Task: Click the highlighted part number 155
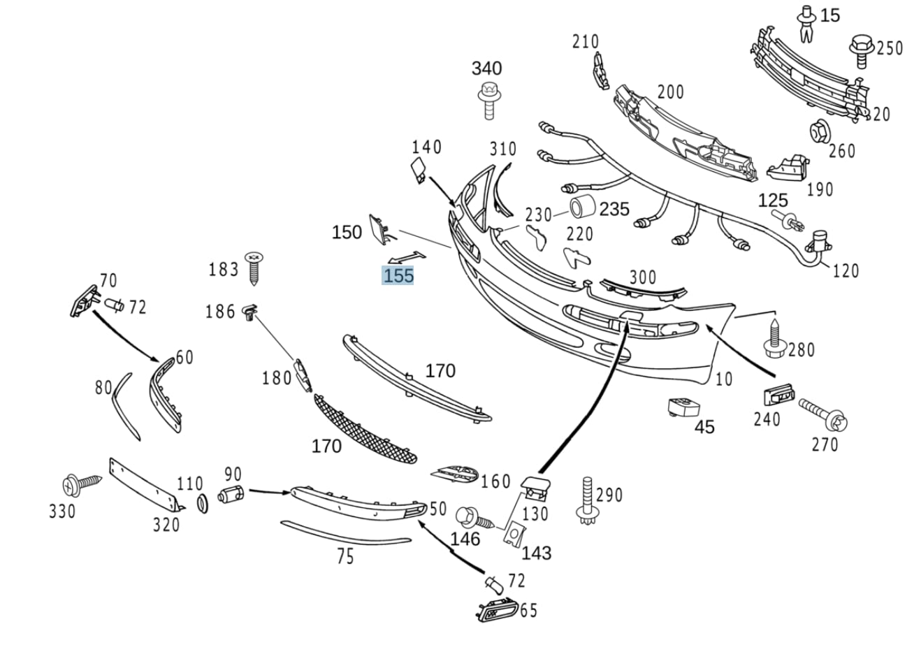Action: click(398, 275)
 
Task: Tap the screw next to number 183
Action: click(253, 268)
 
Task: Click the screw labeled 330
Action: click(79, 484)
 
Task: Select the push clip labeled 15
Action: click(806, 20)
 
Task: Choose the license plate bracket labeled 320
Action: click(144, 486)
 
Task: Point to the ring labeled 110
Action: click(203, 503)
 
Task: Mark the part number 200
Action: click(669, 92)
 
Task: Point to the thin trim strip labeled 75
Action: click(345, 535)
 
